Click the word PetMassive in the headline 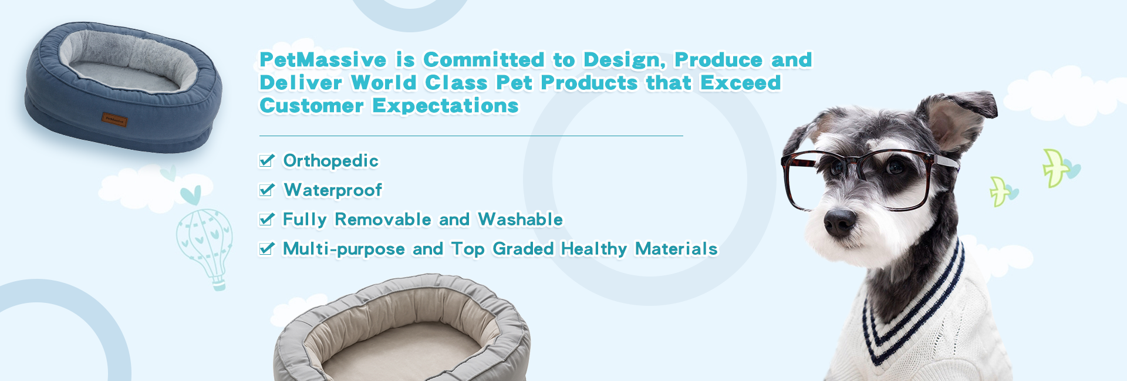pyautogui.click(x=323, y=60)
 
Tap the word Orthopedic pyautogui.click(x=330, y=161)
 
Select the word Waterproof pyautogui.click(x=333, y=190)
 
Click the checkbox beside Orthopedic pyautogui.click(x=266, y=160)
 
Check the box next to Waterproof pyautogui.click(x=266, y=190)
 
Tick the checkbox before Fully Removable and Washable pyautogui.click(x=266, y=219)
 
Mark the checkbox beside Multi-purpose pyautogui.click(x=266, y=248)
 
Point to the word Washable pyautogui.click(x=520, y=220)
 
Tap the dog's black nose pyautogui.click(x=839, y=222)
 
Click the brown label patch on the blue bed pyautogui.click(x=114, y=120)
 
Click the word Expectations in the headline pyautogui.click(x=446, y=106)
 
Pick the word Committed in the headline pyautogui.click(x=484, y=60)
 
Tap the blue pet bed pyautogui.click(x=123, y=88)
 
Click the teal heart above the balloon pyautogui.click(x=191, y=195)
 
